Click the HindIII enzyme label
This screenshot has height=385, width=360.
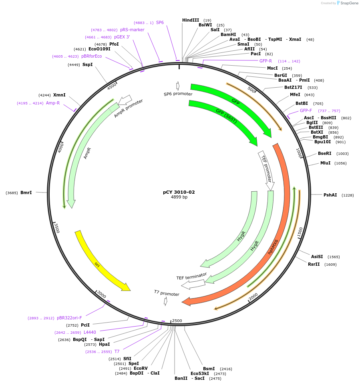click(191, 20)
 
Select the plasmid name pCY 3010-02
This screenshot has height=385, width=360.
click(179, 192)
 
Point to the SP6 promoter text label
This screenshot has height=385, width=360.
click(178, 94)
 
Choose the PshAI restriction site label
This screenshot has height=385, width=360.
click(330, 195)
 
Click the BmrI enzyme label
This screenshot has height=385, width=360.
click(26, 192)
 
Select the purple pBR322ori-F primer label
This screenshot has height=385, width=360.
click(69, 318)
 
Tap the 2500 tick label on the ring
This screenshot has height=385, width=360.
click(177, 321)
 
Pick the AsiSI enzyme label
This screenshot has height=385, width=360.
click(317, 257)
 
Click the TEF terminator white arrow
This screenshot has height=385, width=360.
click(193, 284)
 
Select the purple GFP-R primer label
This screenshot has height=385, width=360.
click(266, 61)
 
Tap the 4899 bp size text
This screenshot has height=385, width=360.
click(179, 197)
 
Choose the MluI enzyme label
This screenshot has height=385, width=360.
click(325, 163)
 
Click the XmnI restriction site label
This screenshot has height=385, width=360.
click(59, 95)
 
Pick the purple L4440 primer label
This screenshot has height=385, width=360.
click(90, 332)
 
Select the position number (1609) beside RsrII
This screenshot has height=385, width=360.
click(330, 264)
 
